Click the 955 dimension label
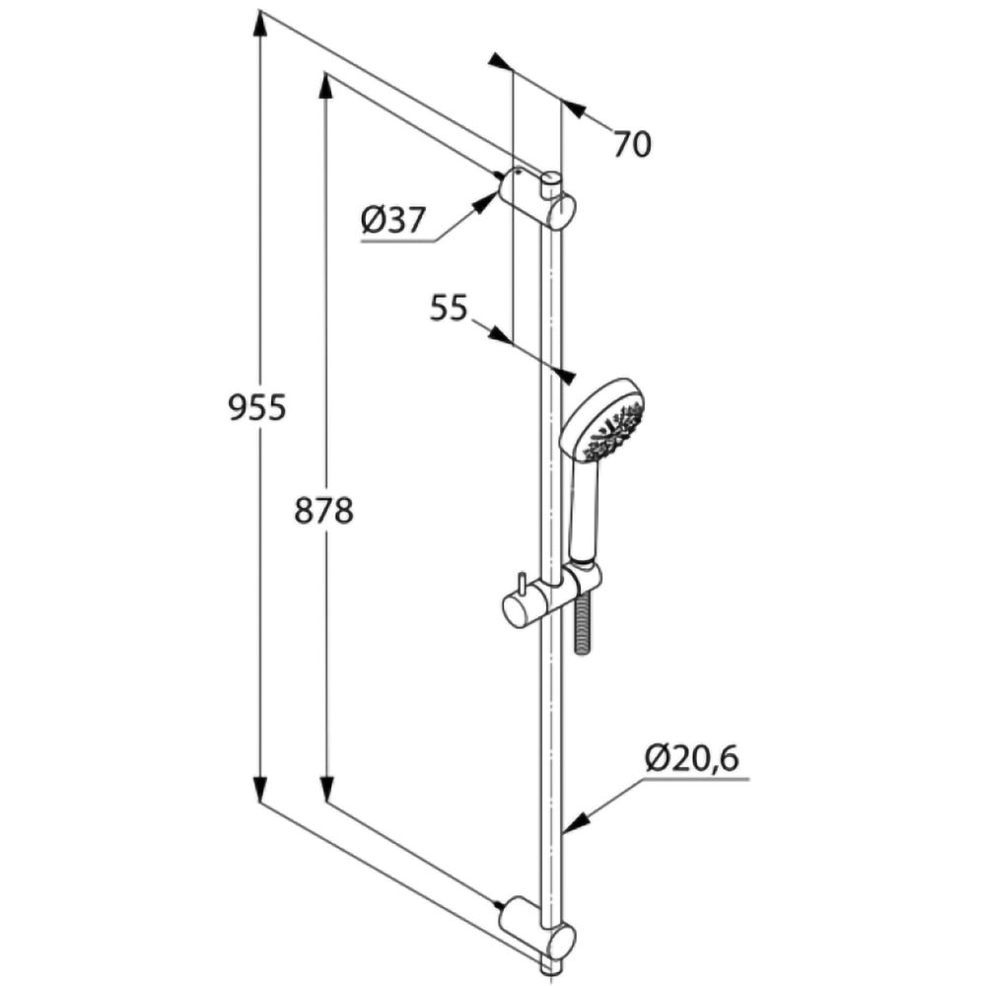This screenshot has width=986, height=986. coord(256,406)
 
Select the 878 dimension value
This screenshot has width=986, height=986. coord(323,510)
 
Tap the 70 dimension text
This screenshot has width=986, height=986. coord(632,145)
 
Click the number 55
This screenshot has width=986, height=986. coord(448,309)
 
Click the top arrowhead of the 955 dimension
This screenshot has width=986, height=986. coord(260,24)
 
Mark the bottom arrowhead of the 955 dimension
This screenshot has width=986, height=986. coord(260,790)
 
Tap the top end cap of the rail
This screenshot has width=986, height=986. coord(552,178)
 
